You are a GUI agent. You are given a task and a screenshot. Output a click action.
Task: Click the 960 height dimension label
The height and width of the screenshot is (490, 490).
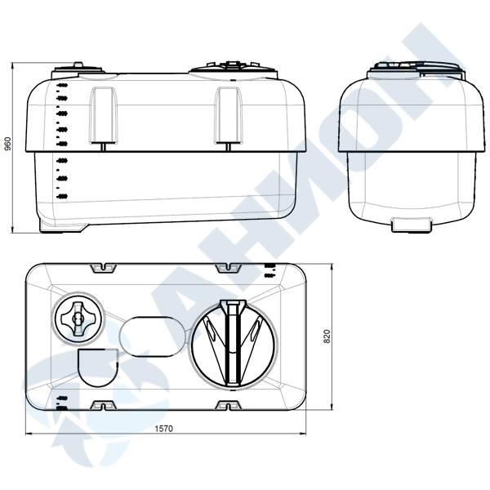[x=8, y=144]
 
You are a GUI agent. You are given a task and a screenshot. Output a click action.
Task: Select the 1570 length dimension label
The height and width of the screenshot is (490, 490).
[x=164, y=429]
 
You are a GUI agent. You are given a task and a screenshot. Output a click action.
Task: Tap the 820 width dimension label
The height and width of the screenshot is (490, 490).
[x=327, y=336]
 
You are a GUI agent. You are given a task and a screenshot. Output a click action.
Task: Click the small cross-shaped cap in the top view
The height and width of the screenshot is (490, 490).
[x=78, y=318]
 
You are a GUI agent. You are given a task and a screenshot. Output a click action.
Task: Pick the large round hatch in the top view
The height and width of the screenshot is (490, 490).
[x=234, y=343]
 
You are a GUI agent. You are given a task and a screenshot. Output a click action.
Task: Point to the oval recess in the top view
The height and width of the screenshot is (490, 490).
[x=153, y=336]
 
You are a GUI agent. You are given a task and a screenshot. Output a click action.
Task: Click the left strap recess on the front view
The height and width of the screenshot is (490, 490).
[x=104, y=116]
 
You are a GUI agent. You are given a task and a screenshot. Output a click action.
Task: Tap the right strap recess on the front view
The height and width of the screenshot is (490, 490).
[x=228, y=116]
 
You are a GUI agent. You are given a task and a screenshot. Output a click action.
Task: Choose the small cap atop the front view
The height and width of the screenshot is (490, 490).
[x=78, y=69]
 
